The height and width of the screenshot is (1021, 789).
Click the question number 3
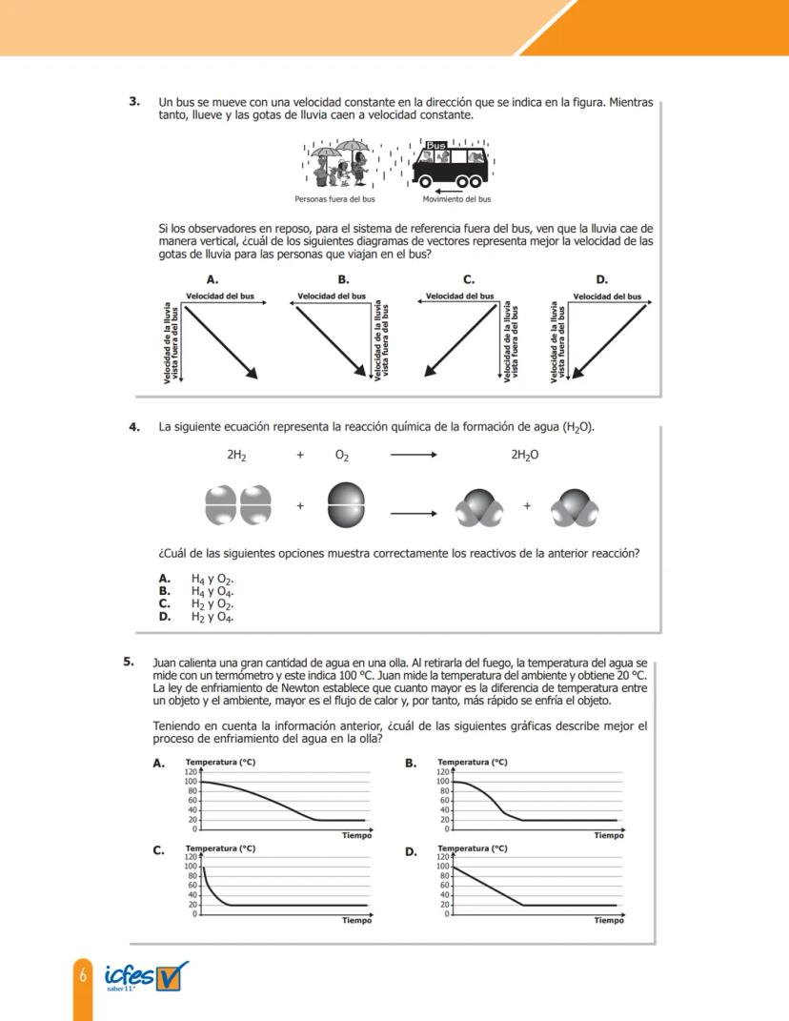[134, 101]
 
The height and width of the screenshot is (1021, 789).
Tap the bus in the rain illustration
[451, 165]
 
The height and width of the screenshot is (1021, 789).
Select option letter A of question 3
[212, 279]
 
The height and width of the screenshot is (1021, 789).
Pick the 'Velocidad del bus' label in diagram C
[459, 296]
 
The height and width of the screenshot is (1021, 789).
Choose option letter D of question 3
[601, 279]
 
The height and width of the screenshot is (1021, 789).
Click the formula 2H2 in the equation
[236, 456]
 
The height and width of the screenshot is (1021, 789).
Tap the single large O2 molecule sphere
[345, 505]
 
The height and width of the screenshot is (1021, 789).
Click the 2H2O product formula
[524, 456]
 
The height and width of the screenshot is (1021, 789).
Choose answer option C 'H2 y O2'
[198, 603]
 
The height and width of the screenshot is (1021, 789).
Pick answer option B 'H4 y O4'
[198, 591]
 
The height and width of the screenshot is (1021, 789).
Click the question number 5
[129, 661]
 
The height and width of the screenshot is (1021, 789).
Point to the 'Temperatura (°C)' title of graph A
[220, 762]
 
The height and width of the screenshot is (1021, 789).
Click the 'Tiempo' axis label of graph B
[608, 836]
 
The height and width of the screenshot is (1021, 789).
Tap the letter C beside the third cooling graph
[159, 851]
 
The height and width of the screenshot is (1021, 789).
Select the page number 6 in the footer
[83, 975]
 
